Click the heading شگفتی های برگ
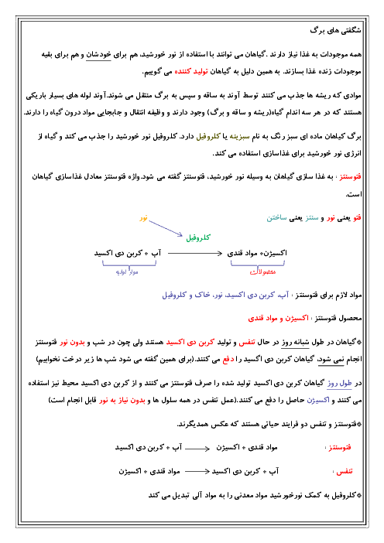335,31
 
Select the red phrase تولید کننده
191,72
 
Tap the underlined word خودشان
98,54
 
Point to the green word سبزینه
239,136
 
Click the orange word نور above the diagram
143,218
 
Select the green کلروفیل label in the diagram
198,237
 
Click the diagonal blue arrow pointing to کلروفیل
166,228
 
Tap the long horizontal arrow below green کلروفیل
195,254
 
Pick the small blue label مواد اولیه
127,271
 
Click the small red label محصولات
262,271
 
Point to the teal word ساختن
276,218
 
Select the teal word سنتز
312,218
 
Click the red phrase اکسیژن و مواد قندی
278,318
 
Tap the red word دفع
228,360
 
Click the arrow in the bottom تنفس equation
197,471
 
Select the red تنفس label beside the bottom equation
345,471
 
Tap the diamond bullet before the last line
359,496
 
